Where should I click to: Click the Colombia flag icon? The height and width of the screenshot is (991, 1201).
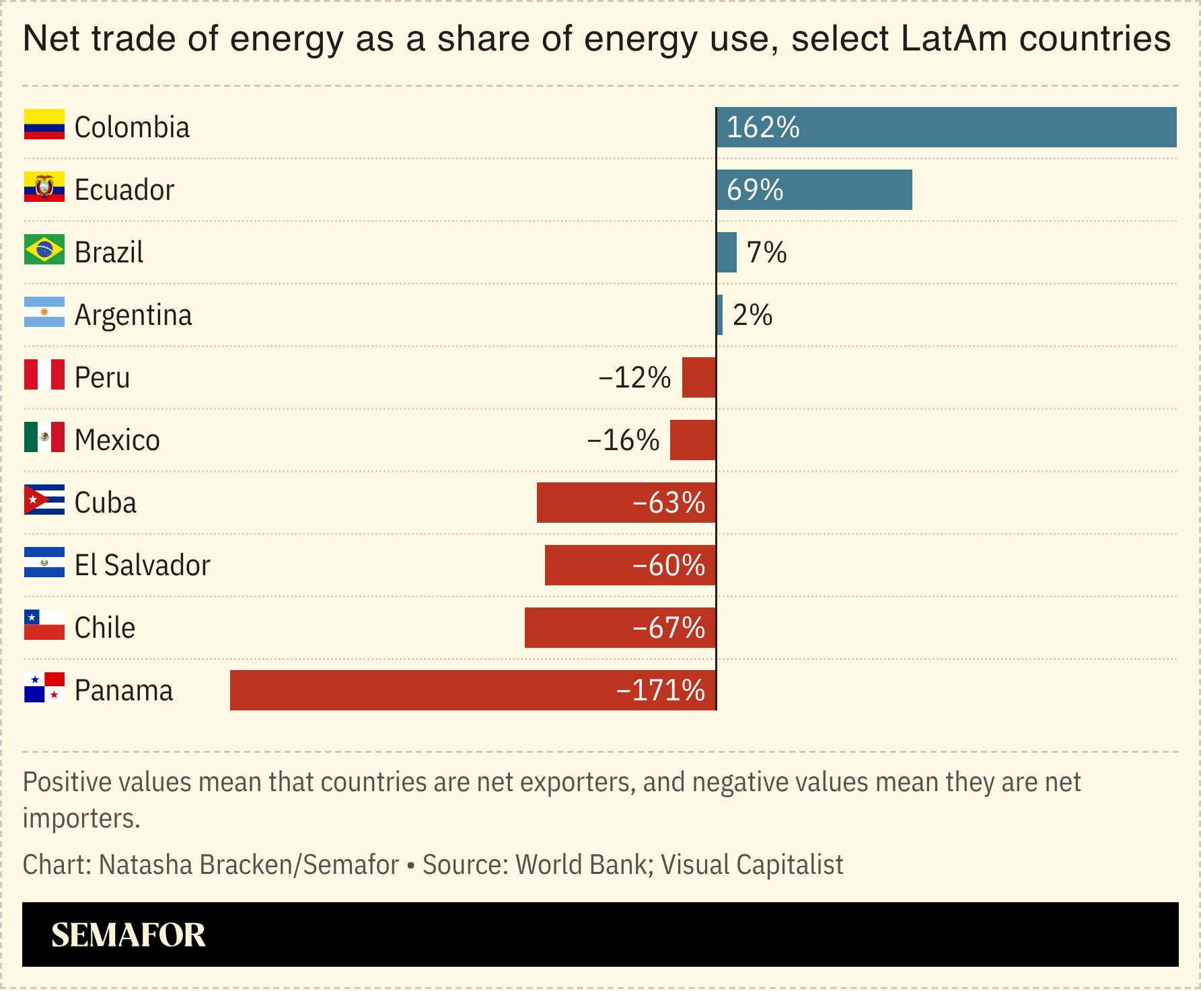click(44, 124)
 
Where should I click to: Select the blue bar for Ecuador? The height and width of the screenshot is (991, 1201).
click(814, 190)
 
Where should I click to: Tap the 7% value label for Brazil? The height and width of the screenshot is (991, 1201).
click(766, 253)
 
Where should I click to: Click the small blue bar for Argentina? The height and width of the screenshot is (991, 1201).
click(720, 315)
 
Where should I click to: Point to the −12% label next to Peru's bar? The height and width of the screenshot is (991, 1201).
click(634, 378)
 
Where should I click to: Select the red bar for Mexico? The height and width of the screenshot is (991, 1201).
click(692, 440)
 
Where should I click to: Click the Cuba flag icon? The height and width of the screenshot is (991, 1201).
click(44, 500)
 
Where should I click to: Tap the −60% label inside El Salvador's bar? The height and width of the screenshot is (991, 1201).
click(668, 565)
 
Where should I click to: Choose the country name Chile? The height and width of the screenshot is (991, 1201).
click(105, 628)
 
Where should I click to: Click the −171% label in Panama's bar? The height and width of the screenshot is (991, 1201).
click(660, 690)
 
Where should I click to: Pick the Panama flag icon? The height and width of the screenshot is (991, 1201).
click(44, 688)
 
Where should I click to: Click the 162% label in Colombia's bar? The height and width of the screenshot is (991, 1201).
click(763, 128)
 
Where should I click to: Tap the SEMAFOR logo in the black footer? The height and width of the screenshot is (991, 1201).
click(129, 934)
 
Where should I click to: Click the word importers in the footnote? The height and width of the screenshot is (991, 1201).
click(81, 818)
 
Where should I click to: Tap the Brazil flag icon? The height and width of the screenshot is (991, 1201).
click(44, 250)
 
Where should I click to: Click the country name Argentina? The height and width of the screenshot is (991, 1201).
click(133, 315)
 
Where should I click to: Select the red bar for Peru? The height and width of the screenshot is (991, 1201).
click(698, 377)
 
